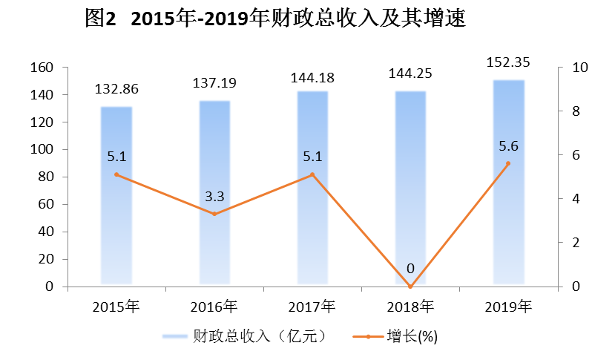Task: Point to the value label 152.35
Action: pyautogui.click(x=509, y=62)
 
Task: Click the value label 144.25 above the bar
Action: pyautogui.click(x=410, y=74)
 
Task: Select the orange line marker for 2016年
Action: pyautogui.click(x=214, y=214)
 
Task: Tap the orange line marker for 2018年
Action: pyautogui.click(x=410, y=287)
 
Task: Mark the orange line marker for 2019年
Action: pyautogui.click(x=508, y=163)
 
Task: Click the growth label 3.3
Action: pyautogui.click(x=214, y=197)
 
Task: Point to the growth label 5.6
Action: pyautogui.click(x=508, y=146)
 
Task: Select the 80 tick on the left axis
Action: pyautogui.click(x=45, y=177)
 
